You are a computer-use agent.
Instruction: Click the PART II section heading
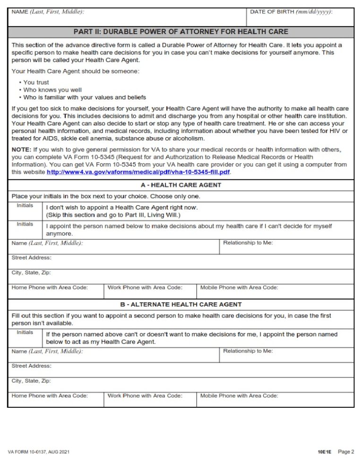coord(181,32)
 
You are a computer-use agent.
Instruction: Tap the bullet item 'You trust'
coord(36,82)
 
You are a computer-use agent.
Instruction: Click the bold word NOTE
coord(21,149)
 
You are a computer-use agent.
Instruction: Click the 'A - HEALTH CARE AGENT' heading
coord(181,185)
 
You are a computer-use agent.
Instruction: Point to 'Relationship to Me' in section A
coord(248,243)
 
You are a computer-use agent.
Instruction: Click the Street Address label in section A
coord(32,258)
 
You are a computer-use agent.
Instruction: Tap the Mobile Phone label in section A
coord(239,288)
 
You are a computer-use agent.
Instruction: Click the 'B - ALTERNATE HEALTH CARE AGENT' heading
coord(181,305)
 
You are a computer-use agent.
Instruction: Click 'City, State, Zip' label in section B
coord(31,381)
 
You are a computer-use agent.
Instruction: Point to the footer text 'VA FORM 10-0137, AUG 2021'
coord(39,452)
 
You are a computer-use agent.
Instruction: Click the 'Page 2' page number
coord(346,452)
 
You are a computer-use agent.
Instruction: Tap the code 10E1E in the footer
coord(325,452)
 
